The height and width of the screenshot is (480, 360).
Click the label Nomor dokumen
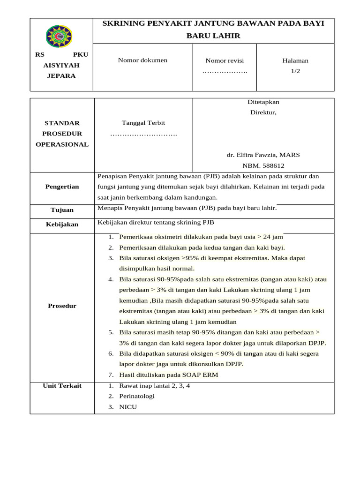[142, 60]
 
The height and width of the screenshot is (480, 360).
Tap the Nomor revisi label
[225, 60]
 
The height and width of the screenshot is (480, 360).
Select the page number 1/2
[295, 71]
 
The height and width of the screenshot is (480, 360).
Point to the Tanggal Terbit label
[143, 123]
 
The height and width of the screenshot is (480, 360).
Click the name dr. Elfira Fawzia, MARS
[263, 155]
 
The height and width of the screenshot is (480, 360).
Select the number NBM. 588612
[263, 165]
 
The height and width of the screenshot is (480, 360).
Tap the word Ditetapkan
[263, 102]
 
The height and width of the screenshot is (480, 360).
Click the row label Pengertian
[62, 187]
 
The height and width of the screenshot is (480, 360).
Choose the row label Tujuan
[62, 210]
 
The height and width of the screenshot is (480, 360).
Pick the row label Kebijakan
[62, 225]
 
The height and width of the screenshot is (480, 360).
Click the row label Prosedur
[62, 306]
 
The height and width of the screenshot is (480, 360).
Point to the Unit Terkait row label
[62, 386]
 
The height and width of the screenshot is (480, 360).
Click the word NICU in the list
[128, 407]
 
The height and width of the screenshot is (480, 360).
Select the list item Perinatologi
[137, 396]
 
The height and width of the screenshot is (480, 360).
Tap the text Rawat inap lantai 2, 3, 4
[155, 386]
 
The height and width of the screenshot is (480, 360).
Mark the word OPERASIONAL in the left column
[62, 144]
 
